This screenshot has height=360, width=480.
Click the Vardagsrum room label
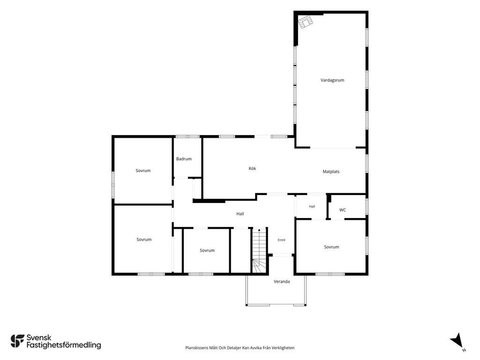click(332, 80)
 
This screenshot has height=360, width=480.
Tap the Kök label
click(252, 168)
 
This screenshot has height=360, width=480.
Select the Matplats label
click(331, 172)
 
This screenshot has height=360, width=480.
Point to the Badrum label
click(184, 159)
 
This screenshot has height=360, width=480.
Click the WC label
click(343, 210)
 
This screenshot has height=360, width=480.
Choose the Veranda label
click(282, 282)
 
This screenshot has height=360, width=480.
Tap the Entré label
click(281, 240)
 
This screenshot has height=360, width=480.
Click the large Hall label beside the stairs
click(240, 214)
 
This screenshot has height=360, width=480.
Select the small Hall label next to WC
click(312, 207)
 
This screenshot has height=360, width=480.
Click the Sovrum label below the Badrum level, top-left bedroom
click(143, 171)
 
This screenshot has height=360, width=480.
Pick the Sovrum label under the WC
click(331, 247)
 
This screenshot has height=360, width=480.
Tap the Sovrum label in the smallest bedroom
click(207, 250)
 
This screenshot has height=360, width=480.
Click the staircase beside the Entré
click(259, 250)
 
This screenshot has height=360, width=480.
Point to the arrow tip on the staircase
click(259, 229)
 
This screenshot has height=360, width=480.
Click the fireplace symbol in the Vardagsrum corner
click(306, 22)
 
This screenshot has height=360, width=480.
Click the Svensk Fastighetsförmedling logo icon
click(17, 341)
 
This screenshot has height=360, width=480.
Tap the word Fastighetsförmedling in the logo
click(64, 345)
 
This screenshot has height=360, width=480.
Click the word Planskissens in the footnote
click(197, 348)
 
